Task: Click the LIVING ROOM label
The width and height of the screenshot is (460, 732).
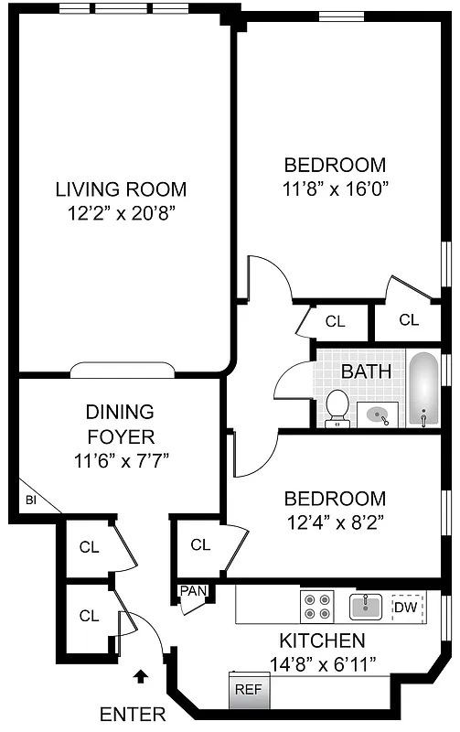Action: pyautogui.click(x=121, y=190)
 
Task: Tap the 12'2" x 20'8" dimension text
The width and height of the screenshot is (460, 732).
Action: pyautogui.click(x=121, y=213)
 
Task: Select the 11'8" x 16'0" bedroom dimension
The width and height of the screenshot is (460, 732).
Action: pyautogui.click(x=335, y=188)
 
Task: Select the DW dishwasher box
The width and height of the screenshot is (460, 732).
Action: pyautogui.click(x=408, y=606)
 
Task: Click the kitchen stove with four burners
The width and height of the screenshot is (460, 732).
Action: pyautogui.click(x=317, y=607)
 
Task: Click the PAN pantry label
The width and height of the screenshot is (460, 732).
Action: pyautogui.click(x=193, y=591)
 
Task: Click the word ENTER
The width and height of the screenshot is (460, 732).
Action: pyautogui.click(x=133, y=714)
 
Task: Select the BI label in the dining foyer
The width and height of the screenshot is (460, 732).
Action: pyautogui.click(x=30, y=501)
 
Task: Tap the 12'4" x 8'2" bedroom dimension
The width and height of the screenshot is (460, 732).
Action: pyautogui.click(x=335, y=522)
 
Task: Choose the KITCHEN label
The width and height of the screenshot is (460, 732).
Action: pyautogui.click(x=322, y=640)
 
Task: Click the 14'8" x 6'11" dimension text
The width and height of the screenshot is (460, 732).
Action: pyautogui.click(x=322, y=662)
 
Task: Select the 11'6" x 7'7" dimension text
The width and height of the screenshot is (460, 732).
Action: pyautogui.click(x=120, y=460)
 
